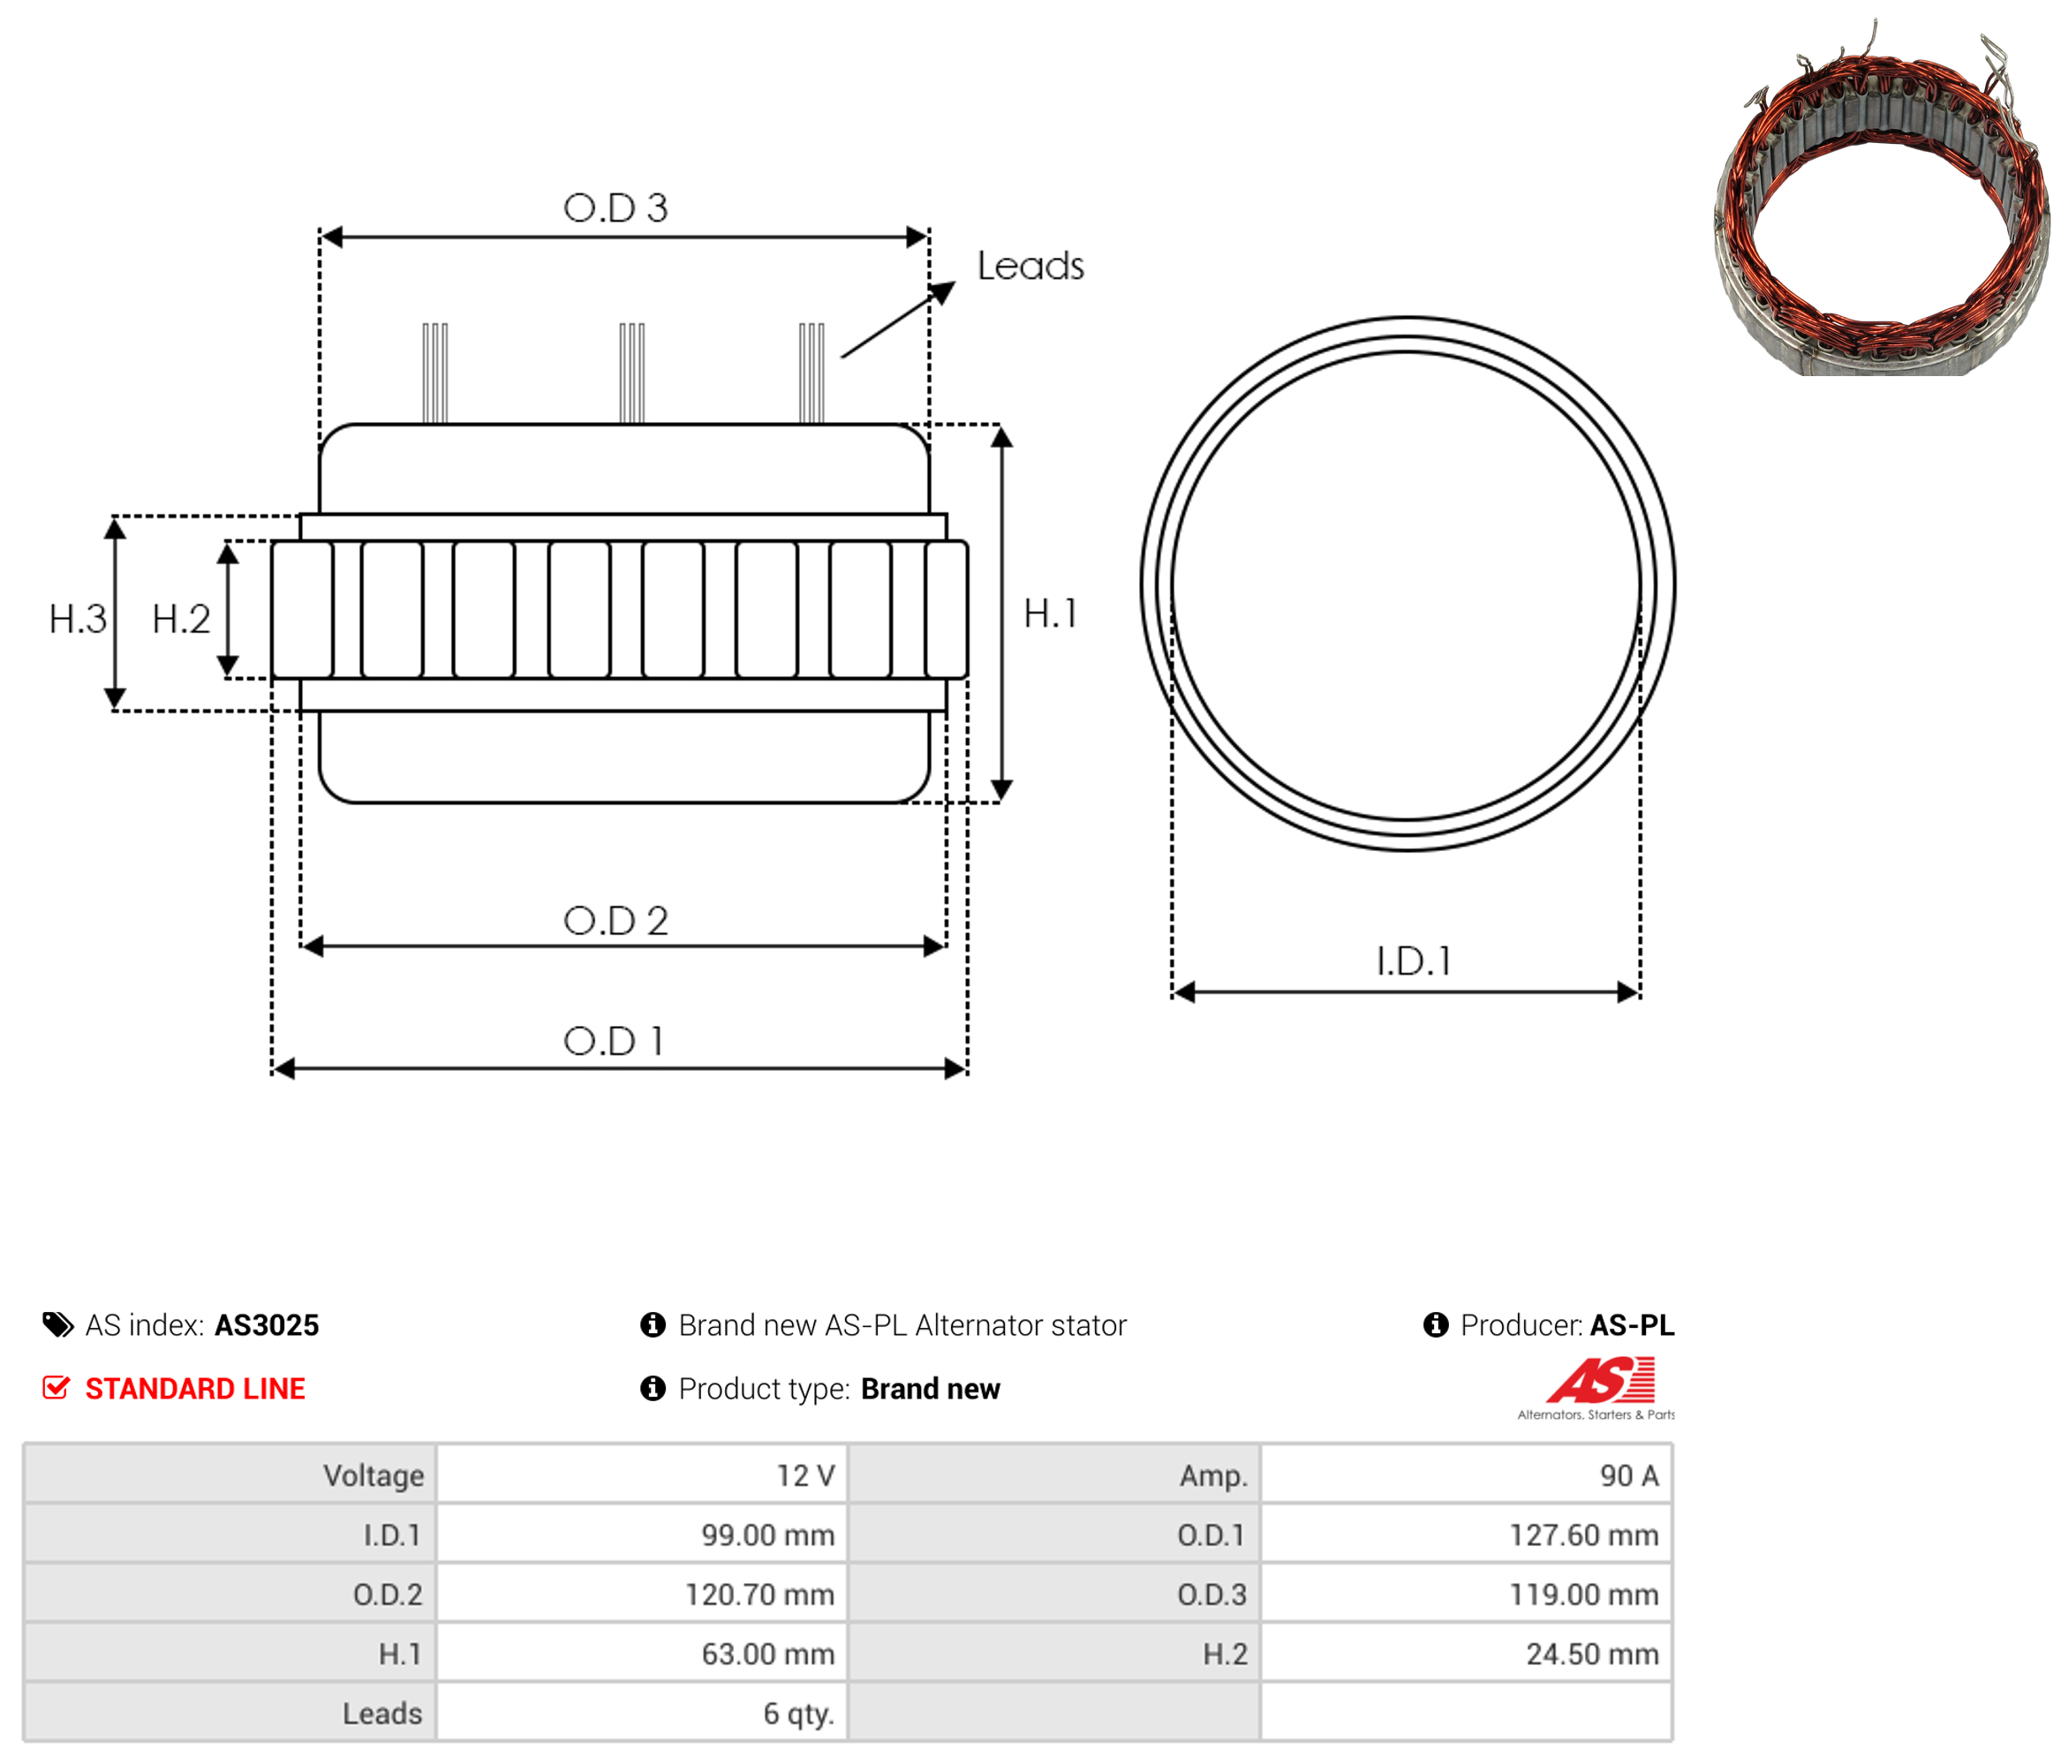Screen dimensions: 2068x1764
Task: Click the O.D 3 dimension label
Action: [x=615, y=207]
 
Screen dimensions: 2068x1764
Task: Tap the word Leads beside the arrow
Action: [x=1030, y=266]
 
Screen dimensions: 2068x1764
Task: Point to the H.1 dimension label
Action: [x=1051, y=613]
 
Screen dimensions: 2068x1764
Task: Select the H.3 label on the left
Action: [x=78, y=619]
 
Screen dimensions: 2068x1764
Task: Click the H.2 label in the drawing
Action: [x=181, y=619]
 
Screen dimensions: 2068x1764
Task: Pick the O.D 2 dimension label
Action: [x=615, y=920]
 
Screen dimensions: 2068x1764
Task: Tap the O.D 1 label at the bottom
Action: [x=614, y=1041]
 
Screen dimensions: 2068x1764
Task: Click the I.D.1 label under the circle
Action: [x=1414, y=961]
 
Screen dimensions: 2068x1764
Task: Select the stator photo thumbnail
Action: [x=1881, y=198]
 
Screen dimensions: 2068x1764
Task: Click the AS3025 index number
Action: [x=267, y=1325]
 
